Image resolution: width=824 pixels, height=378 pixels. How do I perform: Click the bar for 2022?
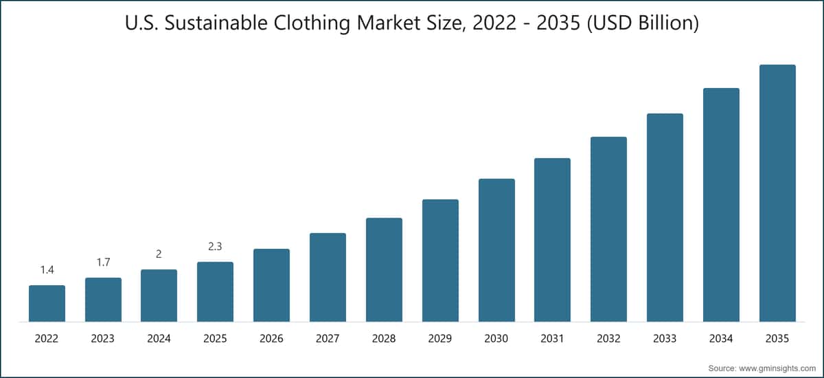click(x=47, y=303)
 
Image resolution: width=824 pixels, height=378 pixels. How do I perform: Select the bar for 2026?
click(x=271, y=285)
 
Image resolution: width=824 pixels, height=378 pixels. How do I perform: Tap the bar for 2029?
click(x=440, y=260)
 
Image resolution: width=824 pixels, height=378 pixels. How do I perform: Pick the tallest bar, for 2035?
click(x=777, y=193)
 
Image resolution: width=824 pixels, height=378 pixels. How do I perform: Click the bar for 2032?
click(x=608, y=229)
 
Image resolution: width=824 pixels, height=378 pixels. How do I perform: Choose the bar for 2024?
click(x=159, y=296)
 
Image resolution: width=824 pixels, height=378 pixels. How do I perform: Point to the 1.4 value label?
click(x=47, y=270)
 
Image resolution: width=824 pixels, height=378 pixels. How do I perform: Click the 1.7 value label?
click(x=103, y=262)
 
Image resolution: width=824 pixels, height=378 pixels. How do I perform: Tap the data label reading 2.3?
click(x=215, y=246)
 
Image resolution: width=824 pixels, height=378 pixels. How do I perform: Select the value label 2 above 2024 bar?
click(x=159, y=254)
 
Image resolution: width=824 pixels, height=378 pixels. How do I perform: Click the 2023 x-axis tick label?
click(x=103, y=339)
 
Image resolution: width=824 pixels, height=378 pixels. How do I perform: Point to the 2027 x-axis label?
click(x=328, y=339)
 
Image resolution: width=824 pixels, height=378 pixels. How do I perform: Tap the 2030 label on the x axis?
click(x=496, y=339)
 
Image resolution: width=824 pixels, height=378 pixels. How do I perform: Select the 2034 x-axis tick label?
click(x=721, y=339)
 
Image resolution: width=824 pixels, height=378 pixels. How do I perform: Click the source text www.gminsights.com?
click(x=779, y=368)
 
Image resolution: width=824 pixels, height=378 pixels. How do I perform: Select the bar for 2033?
click(x=665, y=217)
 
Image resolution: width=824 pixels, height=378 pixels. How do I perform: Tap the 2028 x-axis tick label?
click(x=384, y=339)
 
